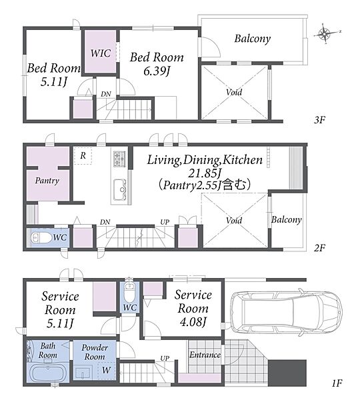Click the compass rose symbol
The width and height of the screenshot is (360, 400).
(325, 33)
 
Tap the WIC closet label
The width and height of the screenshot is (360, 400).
(101, 53)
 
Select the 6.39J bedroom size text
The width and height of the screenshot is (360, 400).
(157, 71)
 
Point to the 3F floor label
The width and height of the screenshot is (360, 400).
(319, 119)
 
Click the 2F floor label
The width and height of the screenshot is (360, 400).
(319, 247)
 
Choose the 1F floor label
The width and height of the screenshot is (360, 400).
(337, 383)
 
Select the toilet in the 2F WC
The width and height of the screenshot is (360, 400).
(41, 238)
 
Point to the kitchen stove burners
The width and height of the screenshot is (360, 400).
(119, 159)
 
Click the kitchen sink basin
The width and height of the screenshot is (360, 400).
(119, 189)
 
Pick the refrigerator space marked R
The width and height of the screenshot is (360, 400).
(83, 155)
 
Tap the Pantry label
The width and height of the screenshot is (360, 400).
(47, 181)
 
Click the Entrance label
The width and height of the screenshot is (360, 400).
(205, 355)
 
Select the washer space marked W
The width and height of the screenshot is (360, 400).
(107, 371)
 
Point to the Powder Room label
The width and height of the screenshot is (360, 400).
(95, 352)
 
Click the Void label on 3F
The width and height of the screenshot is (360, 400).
(234, 92)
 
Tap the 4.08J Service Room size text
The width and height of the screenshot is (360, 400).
(193, 322)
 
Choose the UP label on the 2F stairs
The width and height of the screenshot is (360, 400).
(165, 222)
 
